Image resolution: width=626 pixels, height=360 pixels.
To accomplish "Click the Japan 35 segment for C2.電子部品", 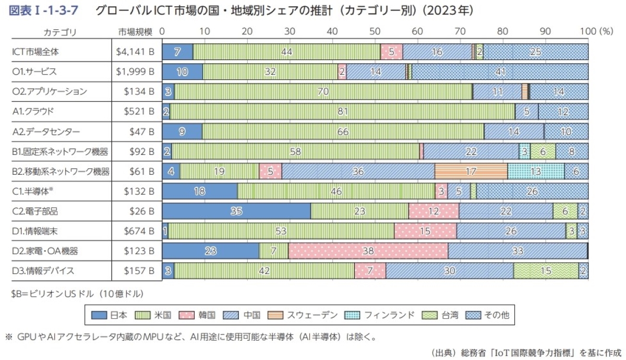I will pos(236,211).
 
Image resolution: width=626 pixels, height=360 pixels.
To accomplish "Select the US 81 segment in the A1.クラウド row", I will pos(342,111).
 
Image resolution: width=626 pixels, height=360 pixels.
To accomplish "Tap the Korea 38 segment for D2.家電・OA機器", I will pos(368,250).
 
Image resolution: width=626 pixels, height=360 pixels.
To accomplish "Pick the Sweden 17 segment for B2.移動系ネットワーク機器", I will pos(471,171).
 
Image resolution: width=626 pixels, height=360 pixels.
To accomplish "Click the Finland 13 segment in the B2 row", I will pos(536,171).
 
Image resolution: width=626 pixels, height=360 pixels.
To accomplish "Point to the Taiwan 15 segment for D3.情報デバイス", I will pos(545,270).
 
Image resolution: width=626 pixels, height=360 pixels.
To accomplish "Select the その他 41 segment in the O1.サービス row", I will pos(500,71).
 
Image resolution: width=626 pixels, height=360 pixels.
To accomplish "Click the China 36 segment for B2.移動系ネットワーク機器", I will pos(358,171).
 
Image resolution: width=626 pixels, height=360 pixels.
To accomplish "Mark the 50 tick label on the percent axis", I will pos(375,31).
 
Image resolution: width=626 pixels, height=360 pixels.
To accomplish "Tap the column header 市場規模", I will pos(135,32).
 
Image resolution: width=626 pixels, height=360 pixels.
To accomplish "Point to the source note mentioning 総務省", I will pos(526,353).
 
